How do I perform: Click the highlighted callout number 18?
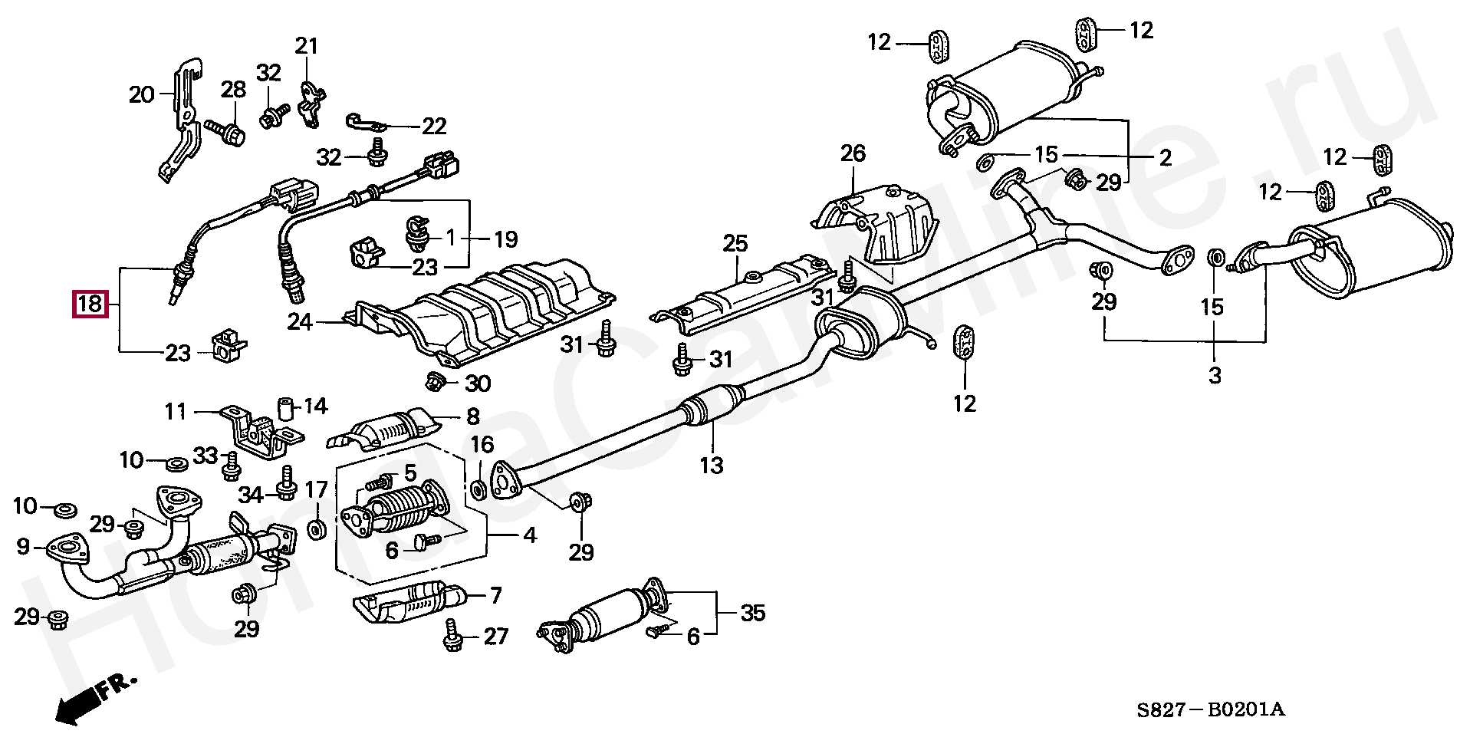pyautogui.click(x=90, y=304)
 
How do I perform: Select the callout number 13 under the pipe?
pyautogui.click(x=712, y=465)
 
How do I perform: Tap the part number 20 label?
pyautogui.click(x=142, y=95)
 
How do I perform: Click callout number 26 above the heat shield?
pyautogui.click(x=853, y=154)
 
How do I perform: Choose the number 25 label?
pyautogui.click(x=735, y=245)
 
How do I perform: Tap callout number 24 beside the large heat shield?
pyautogui.click(x=301, y=322)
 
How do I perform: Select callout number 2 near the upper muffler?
pyautogui.click(x=1165, y=158)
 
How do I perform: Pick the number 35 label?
pyautogui.click(x=753, y=613)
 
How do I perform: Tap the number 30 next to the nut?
pyautogui.click(x=478, y=383)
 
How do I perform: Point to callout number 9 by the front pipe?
pyautogui.click(x=22, y=547)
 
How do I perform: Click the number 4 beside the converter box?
pyautogui.click(x=529, y=536)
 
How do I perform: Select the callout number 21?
pyautogui.click(x=307, y=46)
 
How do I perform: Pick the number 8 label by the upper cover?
pyautogui.click(x=473, y=416)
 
